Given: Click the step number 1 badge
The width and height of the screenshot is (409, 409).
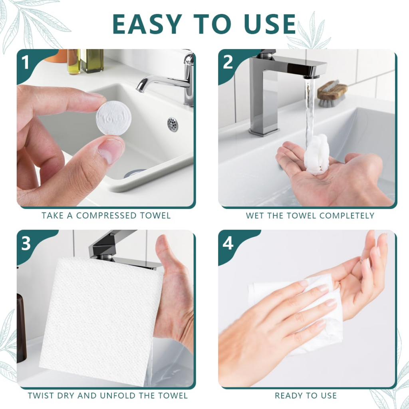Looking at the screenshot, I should coord(26,63).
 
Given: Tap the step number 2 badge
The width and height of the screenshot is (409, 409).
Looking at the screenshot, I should coord(228,63).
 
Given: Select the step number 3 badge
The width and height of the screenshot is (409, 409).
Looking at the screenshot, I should coord(26,243).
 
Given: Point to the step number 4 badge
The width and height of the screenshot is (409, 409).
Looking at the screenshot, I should coord(228,243).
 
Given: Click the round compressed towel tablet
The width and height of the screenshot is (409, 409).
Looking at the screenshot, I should coord(113,118).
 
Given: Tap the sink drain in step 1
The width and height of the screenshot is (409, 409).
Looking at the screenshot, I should coord(173,124).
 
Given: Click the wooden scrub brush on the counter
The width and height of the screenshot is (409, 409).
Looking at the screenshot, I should coord(332,92).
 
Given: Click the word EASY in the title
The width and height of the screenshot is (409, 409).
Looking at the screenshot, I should coord(148,25).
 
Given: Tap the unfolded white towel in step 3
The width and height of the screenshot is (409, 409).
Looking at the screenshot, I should coord(100,320).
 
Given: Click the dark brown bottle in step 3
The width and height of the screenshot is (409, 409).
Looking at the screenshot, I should coord(21,328).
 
